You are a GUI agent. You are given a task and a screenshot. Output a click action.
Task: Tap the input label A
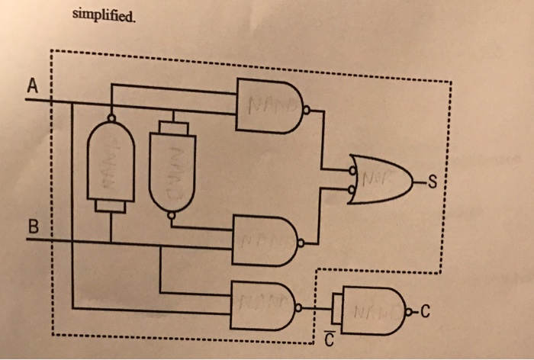click(31, 87)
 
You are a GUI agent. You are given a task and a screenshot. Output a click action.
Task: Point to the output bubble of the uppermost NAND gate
click(307, 110)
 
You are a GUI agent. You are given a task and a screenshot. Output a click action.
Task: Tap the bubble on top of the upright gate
click(112, 119)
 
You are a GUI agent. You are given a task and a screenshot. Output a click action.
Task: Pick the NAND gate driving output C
click(370, 309)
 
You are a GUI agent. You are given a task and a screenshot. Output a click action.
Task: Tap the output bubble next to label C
click(412, 310)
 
